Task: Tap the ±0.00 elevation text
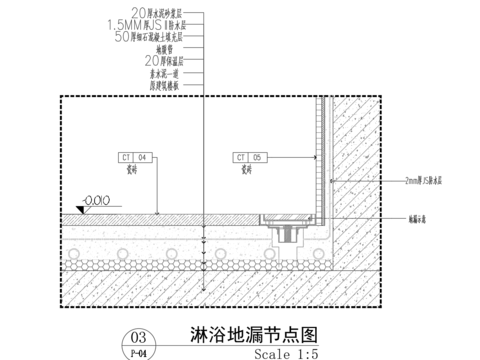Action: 97,200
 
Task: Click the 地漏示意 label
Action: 420,218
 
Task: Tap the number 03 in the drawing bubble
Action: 140,338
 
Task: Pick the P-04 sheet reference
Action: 140,353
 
